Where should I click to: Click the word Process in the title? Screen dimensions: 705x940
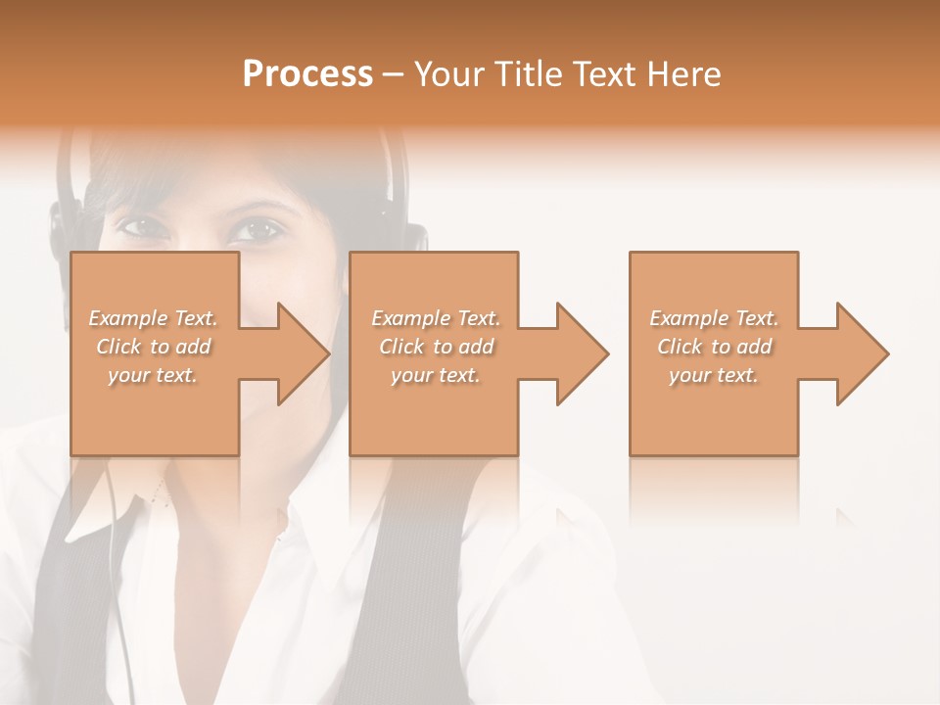coord(307,74)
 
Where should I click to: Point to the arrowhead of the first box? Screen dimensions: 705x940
coord(303,353)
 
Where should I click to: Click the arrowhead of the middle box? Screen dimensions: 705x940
coord(582,353)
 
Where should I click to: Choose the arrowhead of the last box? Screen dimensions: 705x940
coord(862,353)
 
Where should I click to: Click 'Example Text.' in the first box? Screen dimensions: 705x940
coord(154,318)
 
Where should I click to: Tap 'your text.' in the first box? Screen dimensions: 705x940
coord(153,375)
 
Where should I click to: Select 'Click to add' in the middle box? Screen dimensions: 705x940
coord(436,347)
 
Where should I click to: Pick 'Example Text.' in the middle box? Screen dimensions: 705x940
coord(436,318)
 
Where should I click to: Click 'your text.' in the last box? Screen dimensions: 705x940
coord(714,375)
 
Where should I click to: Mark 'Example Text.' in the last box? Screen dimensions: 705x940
coord(715,318)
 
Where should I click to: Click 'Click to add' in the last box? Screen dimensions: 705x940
coord(715,347)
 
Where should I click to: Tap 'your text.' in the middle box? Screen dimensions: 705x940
coord(436,375)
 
